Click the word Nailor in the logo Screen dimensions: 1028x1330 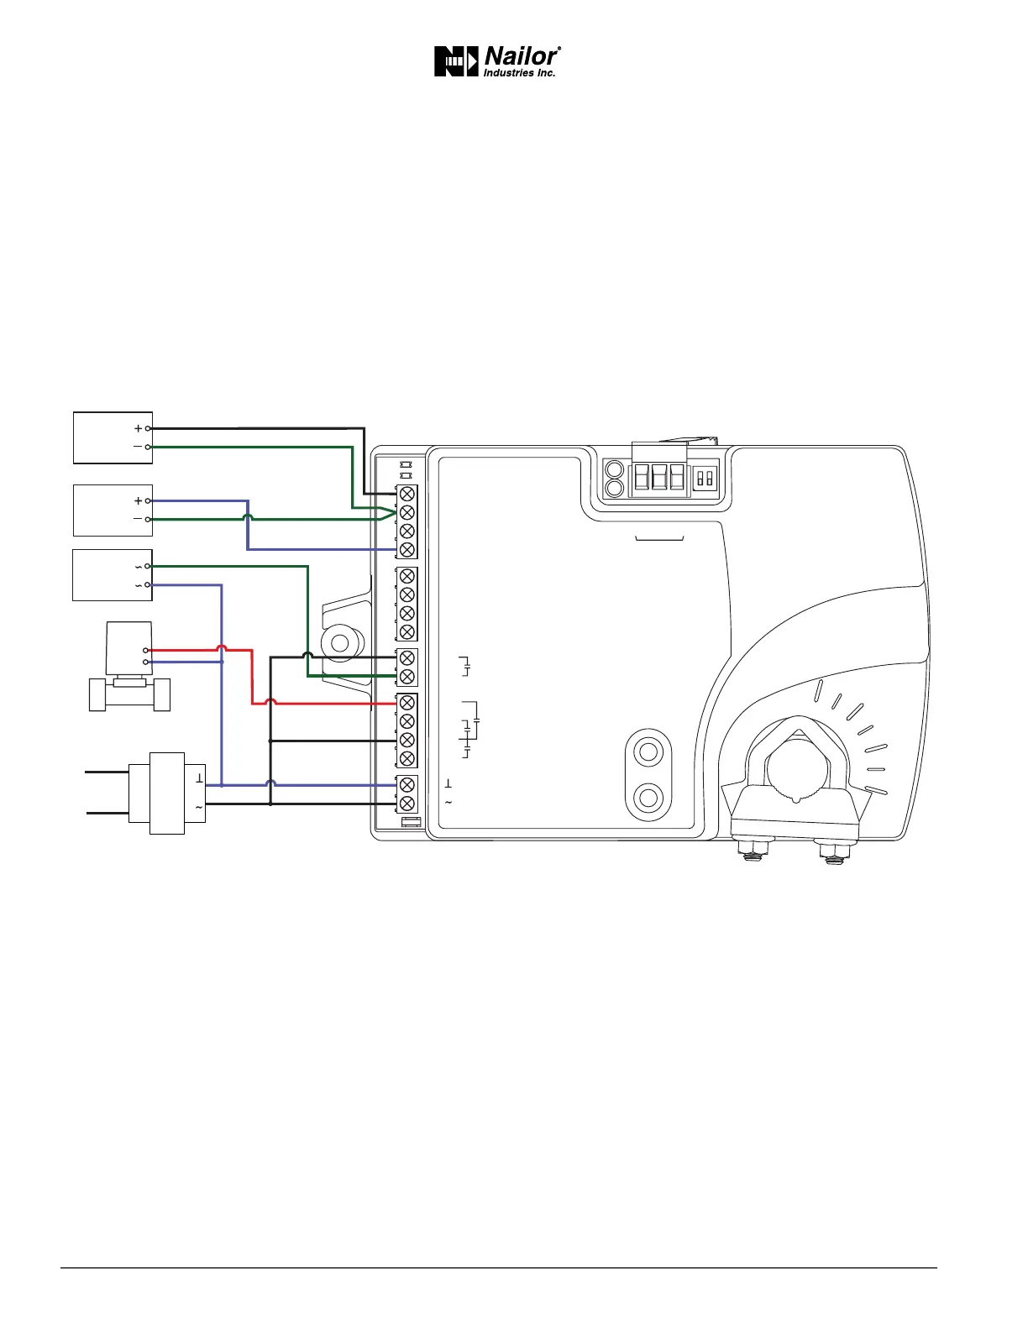tap(521, 57)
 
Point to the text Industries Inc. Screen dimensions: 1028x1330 tap(519, 74)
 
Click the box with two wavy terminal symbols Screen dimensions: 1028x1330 tap(113, 575)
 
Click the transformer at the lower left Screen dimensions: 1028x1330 tap(167, 793)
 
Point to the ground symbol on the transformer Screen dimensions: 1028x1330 tap(199, 778)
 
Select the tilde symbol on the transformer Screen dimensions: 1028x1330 tap(199, 808)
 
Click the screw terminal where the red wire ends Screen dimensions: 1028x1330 tap(407, 703)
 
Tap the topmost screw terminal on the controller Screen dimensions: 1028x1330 tap(407, 494)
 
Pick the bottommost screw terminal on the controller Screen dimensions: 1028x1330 tap(407, 804)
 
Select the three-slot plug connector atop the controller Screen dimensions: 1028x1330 tap(659, 477)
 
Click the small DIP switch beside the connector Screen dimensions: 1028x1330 tap(705, 479)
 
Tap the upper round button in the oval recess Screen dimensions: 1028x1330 tap(648, 751)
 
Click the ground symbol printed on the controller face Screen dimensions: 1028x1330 tap(448, 784)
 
